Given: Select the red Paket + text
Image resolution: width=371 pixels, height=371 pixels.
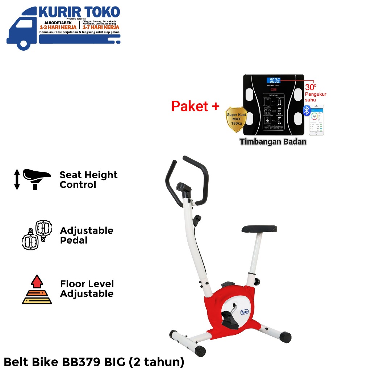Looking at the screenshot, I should tap(195, 106).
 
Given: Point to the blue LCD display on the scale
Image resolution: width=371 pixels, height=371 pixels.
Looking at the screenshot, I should tap(274, 80).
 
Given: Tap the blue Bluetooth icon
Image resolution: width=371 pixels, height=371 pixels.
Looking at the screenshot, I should tap(307, 111).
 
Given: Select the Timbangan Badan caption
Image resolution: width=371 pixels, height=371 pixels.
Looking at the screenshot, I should tap(273, 142).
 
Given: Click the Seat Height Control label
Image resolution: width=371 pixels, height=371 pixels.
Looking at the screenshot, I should tap(88, 180).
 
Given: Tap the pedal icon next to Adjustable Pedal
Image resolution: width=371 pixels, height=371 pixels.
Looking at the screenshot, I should tap(37, 235).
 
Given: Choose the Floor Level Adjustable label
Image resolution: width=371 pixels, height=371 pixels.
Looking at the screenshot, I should tap(87, 289).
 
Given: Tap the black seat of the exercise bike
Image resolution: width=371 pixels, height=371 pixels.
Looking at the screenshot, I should tap(259, 229).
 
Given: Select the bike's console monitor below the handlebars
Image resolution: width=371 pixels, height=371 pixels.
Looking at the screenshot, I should tap(184, 188).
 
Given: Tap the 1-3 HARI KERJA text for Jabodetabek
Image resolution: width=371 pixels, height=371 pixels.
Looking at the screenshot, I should tap(58, 27).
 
